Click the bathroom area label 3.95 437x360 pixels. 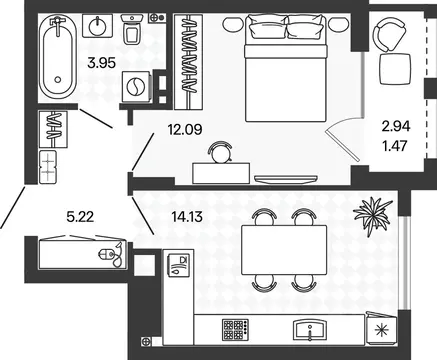coord(101,63)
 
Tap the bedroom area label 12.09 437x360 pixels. coord(185,129)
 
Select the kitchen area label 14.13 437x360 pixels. coord(187,217)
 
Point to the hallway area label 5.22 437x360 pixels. coord(80,217)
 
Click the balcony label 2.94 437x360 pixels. coord(396,126)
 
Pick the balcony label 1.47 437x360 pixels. coord(395,146)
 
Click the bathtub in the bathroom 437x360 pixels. coord(58,57)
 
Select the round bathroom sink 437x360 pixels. coord(97,25)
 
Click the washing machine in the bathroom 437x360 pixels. coord(137,87)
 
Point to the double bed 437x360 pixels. coord(285,68)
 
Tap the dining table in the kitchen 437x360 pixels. coord(284,250)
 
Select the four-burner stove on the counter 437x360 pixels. coord(235,329)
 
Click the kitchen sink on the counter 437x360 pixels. coord(310,330)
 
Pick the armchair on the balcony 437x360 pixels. coord(389,34)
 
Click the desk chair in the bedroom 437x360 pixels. coord(220,152)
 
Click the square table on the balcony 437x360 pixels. coord(396,69)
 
